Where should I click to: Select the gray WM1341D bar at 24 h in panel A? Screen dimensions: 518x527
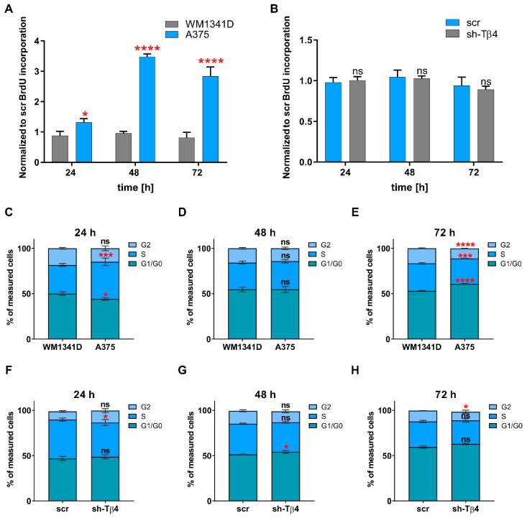point(60,149)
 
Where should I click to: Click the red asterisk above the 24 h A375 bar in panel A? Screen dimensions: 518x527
point(85,115)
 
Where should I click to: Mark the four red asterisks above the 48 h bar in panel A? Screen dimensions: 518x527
point(147,50)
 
